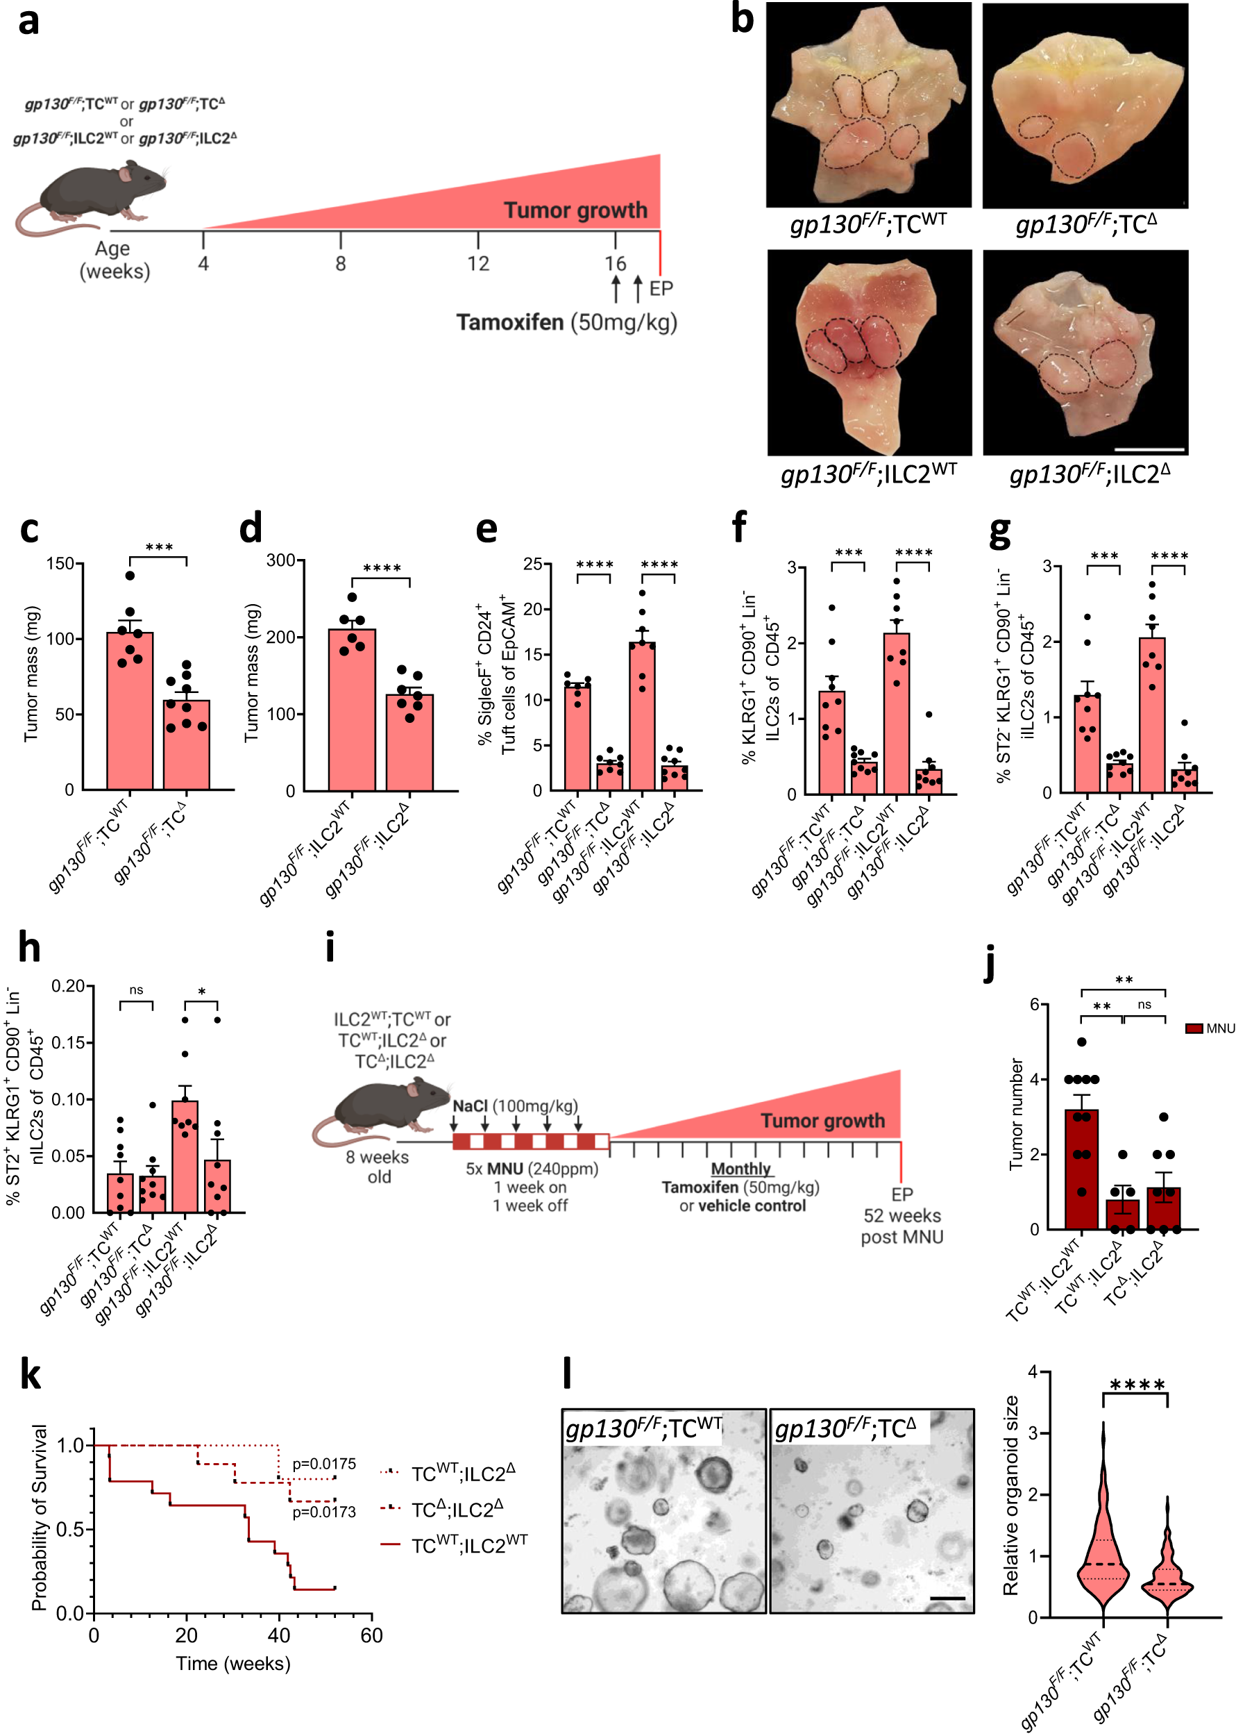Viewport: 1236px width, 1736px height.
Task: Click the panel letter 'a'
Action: point(28,22)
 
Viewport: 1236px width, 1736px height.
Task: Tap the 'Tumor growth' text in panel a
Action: point(575,210)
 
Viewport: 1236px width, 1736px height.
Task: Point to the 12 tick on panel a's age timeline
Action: point(477,263)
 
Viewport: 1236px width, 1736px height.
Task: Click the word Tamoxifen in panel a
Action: point(510,322)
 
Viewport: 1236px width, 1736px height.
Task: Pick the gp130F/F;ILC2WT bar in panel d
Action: point(352,708)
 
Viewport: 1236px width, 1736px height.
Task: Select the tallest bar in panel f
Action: point(897,712)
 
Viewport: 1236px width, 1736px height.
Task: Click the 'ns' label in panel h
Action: point(136,990)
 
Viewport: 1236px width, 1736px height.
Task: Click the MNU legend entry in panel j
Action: point(1210,1028)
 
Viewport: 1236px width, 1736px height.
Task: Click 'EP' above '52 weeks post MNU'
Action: point(902,1194)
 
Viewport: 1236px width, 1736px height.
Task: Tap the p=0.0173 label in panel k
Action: point(323,1512)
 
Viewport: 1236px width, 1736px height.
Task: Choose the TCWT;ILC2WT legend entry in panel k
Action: point(468,1545)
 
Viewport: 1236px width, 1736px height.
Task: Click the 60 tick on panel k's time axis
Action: point(371,1635)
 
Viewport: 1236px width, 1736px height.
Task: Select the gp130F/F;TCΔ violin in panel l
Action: point(1167,1569)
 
